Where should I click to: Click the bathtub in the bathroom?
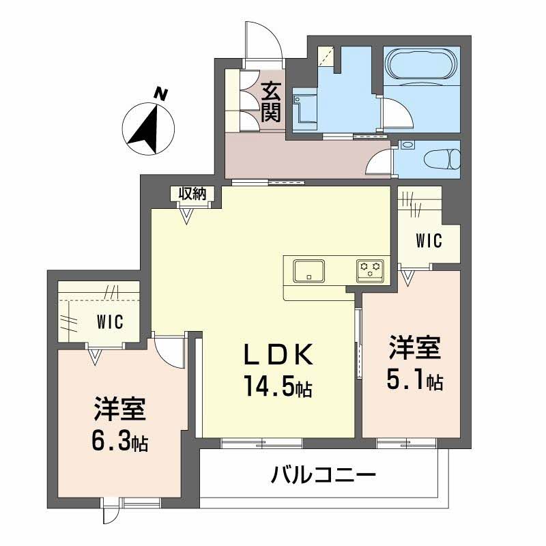[420, 66]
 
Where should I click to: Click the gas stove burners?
[371, 270]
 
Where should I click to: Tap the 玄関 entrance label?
[272, 100]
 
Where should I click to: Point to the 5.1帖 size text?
[414, 379]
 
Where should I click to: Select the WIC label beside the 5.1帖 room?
[429, 240]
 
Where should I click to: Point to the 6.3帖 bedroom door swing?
[167, 348]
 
